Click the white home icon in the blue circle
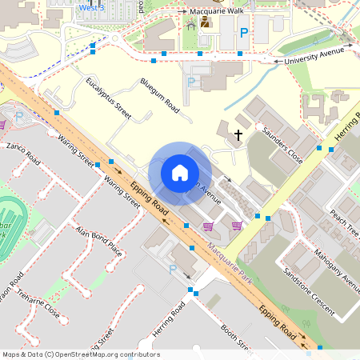coord(180,173)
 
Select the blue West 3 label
coord(91,7)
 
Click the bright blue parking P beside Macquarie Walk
coord(244,33)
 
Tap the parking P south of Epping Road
coord(172,270)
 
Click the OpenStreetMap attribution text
coord(80,354)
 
